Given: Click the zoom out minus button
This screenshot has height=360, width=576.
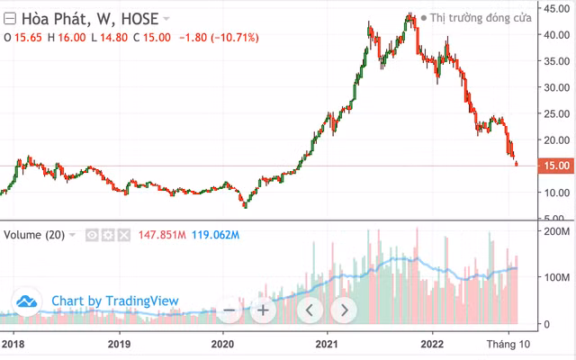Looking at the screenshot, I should pos(229,310).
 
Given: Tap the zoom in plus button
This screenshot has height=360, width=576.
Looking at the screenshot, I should pos(263,310).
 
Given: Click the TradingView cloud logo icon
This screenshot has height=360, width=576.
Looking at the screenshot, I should pos(28,301).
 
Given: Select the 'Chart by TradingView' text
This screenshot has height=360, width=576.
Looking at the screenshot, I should pos(115,301).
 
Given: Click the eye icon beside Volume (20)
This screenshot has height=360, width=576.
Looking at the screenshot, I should pos(91,235).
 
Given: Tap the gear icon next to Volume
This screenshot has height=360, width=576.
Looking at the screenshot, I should pos(107,235).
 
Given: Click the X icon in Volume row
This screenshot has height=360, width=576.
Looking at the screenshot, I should pos(123,235).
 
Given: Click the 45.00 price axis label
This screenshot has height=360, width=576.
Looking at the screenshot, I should pos(554,8).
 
